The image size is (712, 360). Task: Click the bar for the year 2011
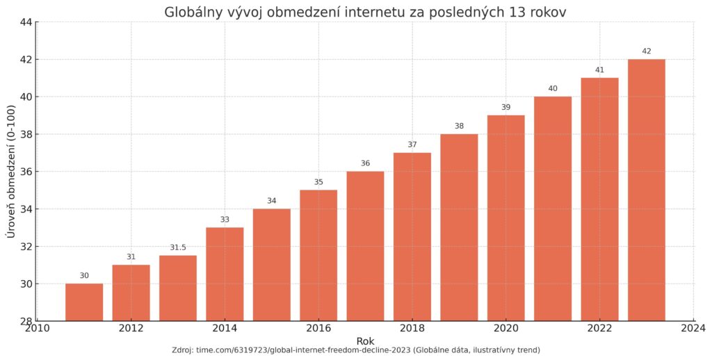point(84,302)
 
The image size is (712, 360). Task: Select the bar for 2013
point(178,288)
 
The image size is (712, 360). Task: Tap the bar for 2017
point(365,246)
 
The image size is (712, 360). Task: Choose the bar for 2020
point(505,218)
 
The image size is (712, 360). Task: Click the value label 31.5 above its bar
point(178,247)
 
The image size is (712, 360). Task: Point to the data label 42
point(647,51)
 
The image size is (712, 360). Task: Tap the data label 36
point(365,163)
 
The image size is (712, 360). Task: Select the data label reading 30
point(84,276)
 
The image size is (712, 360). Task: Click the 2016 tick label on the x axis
point(318,329)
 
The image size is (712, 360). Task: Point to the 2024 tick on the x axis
point(693,329)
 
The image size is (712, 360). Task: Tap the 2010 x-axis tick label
point(38,329)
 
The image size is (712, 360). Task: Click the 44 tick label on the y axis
point(25,22)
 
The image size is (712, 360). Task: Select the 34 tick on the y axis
point(25,209)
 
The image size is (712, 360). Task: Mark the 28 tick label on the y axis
point(25,321)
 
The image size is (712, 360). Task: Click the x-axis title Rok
point(366,341)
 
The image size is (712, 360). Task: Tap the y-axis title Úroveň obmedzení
point(10,172)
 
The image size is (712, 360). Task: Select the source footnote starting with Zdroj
point(356,350)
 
